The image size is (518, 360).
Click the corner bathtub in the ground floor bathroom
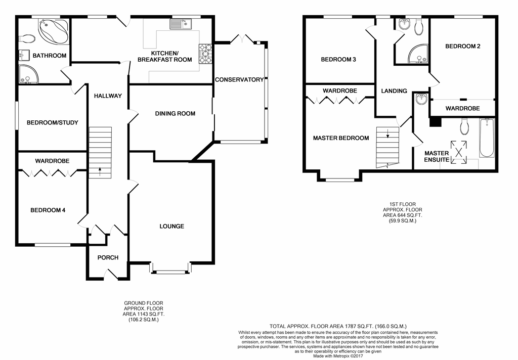[x=54, y=31]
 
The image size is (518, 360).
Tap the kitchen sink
[x=181, y=24]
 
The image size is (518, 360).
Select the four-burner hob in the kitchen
[x=205, y=54]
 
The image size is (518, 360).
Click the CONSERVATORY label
[x=239, y=79]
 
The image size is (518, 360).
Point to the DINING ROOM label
[x=175, y=114]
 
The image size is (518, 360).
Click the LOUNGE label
[x=172, y=226]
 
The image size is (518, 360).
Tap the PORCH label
[x=108, y=258]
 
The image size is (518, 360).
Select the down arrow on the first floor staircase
[x=387, y=134]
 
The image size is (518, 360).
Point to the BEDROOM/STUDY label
[x=53, y=122]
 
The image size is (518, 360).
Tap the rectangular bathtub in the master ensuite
[x=487, y=138]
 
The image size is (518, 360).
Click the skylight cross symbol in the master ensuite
[x=459, y=152]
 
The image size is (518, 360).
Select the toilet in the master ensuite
[x=464, y=127]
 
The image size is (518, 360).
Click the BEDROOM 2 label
[x=462, y=46]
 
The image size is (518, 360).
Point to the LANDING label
[x=394, y=91]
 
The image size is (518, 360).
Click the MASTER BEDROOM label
[x=341, y=138]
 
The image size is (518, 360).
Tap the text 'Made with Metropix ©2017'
[x=338, y=356]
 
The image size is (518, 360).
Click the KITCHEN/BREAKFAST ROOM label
[x=164, y=57]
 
